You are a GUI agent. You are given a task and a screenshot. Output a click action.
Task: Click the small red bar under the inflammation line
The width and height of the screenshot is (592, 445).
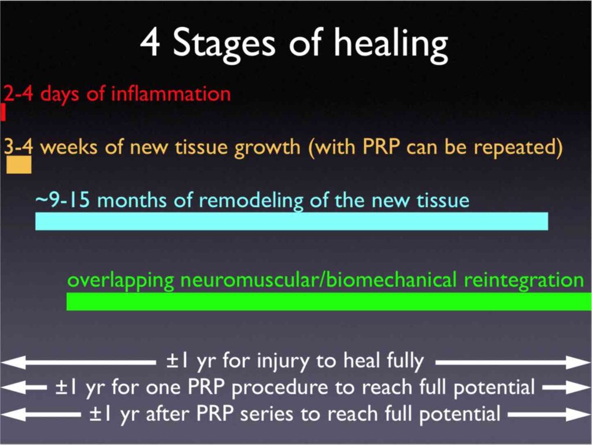coord(3,112)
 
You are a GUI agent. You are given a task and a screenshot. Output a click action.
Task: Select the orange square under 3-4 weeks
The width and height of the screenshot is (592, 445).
coord(19,165)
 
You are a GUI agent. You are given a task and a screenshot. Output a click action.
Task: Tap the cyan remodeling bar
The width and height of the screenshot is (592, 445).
coord(291,221)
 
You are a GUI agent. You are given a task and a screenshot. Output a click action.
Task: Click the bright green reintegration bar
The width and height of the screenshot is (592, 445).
coord(329,302)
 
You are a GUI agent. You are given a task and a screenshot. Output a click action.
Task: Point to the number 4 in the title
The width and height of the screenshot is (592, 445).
coord(150,43)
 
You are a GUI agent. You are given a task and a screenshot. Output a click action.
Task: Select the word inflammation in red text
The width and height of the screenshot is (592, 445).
coord(171,93)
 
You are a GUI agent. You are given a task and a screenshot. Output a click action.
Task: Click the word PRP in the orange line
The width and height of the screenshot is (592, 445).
coord(381,146)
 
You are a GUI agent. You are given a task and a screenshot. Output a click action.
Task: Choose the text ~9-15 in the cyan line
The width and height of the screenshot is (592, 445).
coord(62,199)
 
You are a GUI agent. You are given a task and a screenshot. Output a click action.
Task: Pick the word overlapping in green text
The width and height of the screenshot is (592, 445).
coord(120,281)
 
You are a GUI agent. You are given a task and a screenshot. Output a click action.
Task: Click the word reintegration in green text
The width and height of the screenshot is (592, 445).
coord(524,281)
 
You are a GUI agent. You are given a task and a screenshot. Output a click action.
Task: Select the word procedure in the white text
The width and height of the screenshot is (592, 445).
coord(279,388)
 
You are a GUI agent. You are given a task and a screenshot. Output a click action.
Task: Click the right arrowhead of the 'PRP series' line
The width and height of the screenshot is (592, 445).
coord(578,415)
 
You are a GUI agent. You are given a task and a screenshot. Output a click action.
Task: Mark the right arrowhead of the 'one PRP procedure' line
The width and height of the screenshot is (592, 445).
coord(578,388)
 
